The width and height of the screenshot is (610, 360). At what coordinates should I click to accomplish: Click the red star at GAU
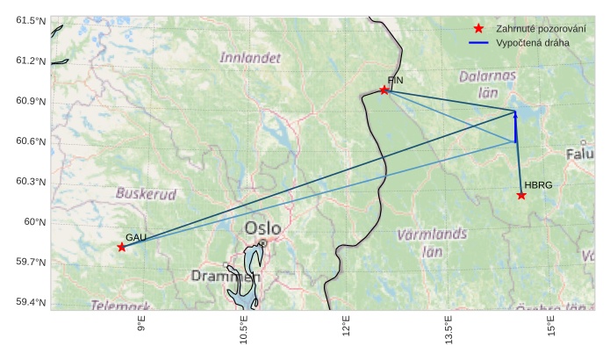121,248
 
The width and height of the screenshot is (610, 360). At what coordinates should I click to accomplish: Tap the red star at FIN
384,90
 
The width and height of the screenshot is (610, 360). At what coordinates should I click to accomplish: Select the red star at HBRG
521,195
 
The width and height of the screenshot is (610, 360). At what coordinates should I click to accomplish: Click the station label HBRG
538,185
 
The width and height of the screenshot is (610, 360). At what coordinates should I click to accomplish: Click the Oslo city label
263,228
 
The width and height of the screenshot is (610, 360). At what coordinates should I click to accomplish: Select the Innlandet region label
251,58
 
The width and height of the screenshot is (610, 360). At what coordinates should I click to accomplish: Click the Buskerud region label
146,193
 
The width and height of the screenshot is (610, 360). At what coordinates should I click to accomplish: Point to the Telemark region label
120,305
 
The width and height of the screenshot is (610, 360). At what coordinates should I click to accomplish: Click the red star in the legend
478,29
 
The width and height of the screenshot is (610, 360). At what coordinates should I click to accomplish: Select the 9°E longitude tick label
140,330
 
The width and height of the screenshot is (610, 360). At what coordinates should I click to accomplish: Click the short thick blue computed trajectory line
515,127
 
